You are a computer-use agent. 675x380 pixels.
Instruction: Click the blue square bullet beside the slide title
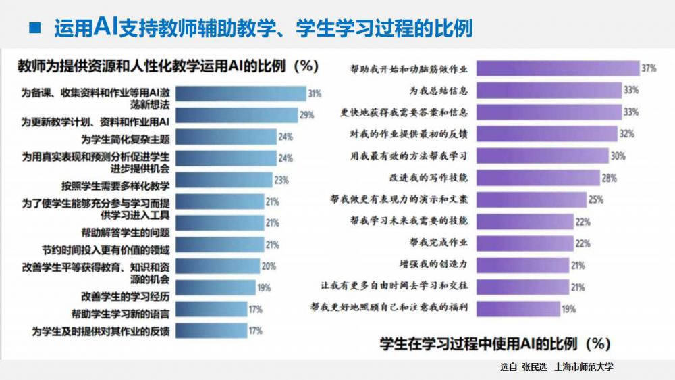click(33, 29)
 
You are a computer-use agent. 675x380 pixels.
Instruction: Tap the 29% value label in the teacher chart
click(307, 116)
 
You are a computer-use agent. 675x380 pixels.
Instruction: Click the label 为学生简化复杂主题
click(125, 138)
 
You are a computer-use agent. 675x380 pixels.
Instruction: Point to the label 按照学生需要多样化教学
click(115, 184)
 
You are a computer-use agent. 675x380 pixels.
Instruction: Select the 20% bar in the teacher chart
click(215, 266)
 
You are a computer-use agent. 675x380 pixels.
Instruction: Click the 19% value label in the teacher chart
click(264, 288)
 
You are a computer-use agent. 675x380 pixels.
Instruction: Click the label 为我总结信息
click(439, 90)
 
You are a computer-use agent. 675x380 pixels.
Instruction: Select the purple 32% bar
click(547, 134)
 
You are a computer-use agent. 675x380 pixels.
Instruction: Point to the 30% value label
click(618, 156)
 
